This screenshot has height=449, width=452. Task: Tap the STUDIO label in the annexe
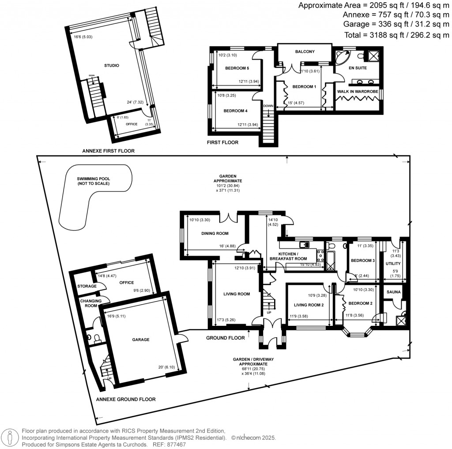click(x=111, y=65)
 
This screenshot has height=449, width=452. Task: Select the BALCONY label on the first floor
click(x=305, y=52)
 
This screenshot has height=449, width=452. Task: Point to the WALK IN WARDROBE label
click(x=358, y=91)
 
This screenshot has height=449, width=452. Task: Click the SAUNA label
click(x=393, y=292)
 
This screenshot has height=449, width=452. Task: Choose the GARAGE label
click(x=141, y=340)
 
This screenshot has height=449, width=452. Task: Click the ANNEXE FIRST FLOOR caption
click(x=108, y=151)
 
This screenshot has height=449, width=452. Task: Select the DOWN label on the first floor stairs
click(x=268, y=106)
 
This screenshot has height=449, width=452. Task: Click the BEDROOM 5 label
click(x=237, y=68)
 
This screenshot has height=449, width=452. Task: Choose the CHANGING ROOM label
click(x=90, y=303)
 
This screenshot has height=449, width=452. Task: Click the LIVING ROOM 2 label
click(x=309, y=305)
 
